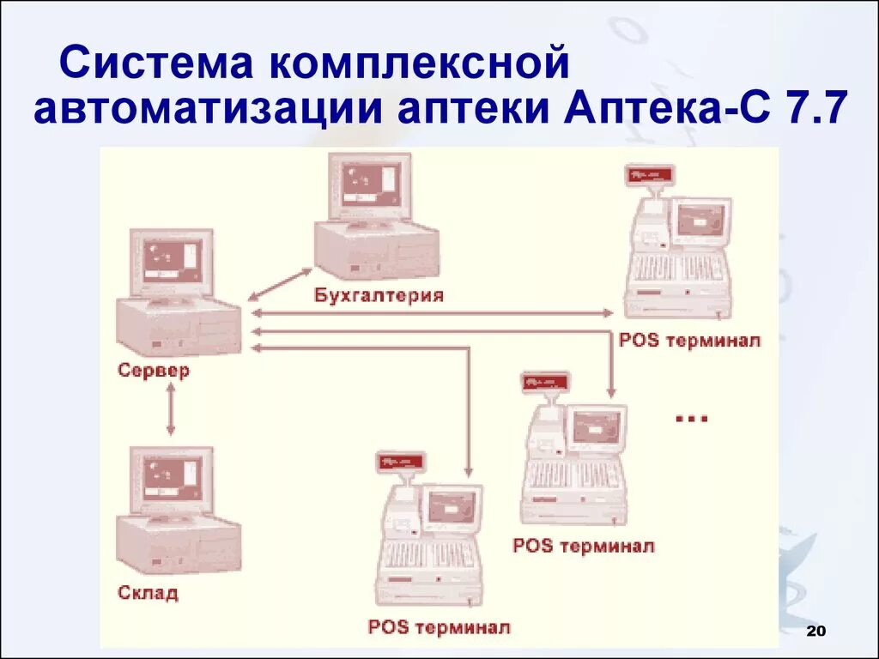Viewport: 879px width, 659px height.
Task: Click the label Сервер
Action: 154,372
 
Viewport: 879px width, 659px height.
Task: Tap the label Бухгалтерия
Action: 379,296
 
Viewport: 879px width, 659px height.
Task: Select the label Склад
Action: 149,593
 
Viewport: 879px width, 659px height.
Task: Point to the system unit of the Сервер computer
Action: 179,327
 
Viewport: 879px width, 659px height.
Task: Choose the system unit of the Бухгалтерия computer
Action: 376,249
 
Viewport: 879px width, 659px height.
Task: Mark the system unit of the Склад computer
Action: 179,546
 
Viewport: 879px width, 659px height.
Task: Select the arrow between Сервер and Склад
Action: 171,409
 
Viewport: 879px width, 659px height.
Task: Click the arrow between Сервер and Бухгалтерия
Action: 280,283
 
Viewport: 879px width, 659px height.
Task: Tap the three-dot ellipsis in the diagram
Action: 691,418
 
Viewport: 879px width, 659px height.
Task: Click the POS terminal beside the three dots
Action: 574,455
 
